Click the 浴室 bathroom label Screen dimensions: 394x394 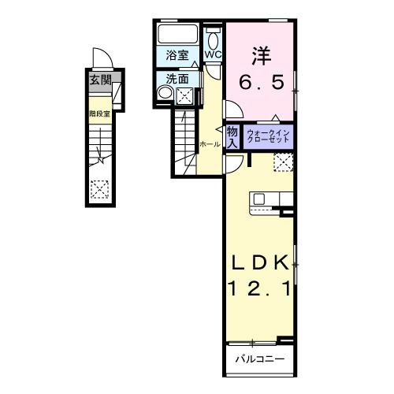177,55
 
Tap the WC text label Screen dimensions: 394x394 213,54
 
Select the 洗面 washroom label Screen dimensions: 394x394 177,79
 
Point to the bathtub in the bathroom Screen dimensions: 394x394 178,35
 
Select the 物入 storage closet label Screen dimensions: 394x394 233,137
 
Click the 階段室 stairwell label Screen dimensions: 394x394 98,113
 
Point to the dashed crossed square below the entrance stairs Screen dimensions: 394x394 99,188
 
